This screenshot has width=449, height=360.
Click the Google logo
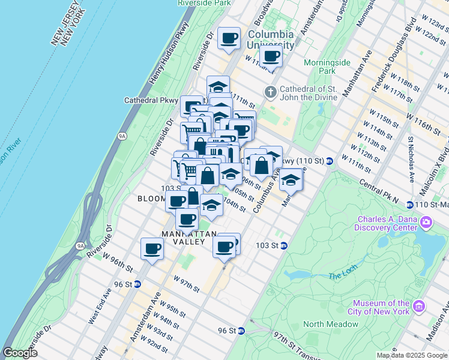click(20, 353)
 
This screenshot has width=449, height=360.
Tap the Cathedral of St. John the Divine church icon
click(271, 92)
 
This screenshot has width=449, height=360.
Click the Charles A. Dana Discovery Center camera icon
click(427, 223)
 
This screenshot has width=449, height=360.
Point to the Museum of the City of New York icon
click(419, 307)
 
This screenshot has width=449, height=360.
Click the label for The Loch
click(343, 276)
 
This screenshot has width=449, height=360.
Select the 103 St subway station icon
click(285, 245)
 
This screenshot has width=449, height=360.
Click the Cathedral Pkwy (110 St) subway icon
click(330, 161)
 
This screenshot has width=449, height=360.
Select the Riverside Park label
click(205, 3)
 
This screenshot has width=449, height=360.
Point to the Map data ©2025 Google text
click(412, 355)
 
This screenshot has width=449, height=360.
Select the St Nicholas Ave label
click(412, 159)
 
